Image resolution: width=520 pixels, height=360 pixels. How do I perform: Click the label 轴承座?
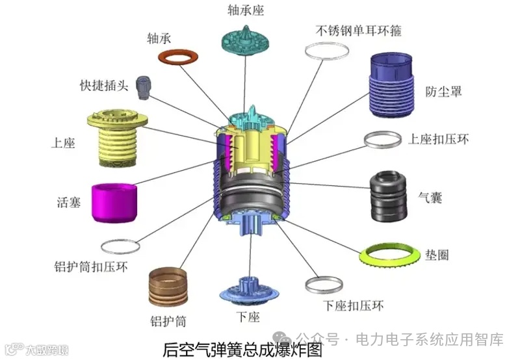point(246,10)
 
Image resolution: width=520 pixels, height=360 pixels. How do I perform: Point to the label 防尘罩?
point(444,91)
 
